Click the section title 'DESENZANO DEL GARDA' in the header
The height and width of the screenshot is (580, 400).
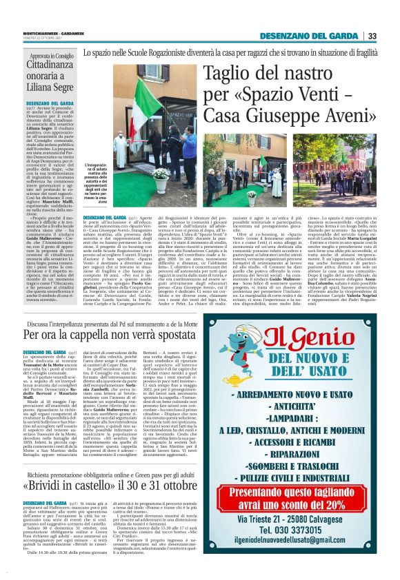(312, 37)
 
